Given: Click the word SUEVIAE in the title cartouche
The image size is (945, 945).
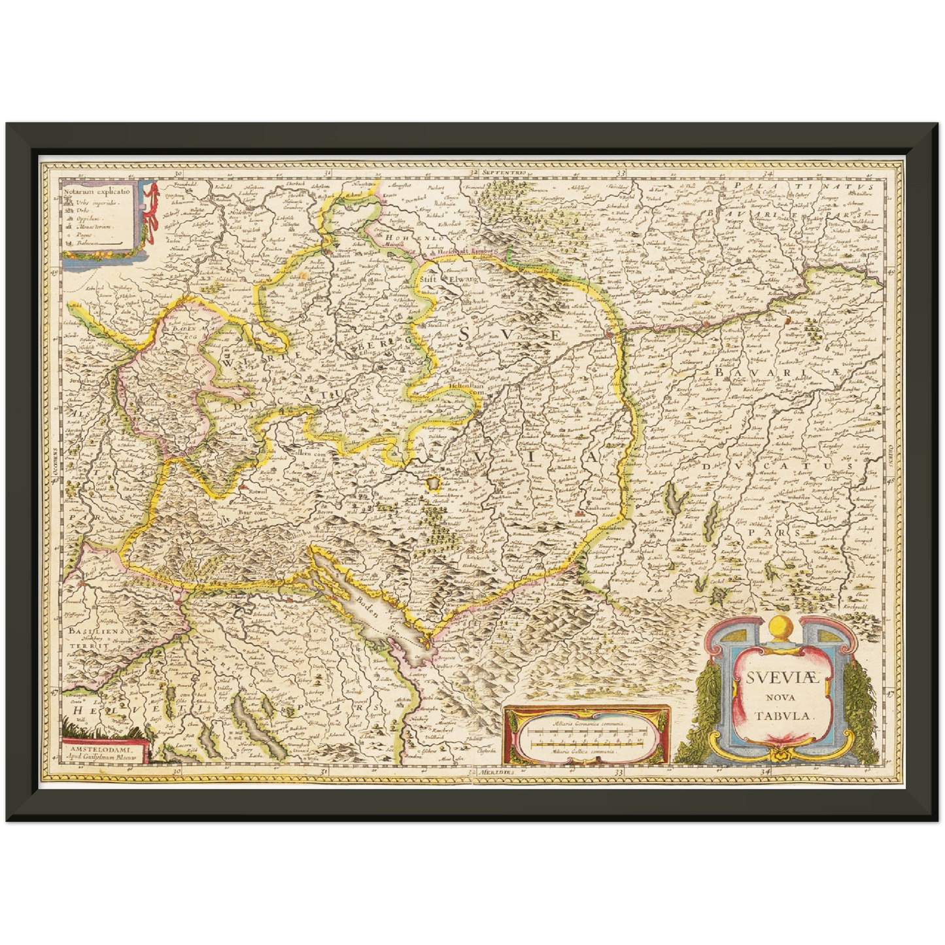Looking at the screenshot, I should (x=781, y=678).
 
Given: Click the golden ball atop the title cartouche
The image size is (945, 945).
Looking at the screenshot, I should (x=780, y=628).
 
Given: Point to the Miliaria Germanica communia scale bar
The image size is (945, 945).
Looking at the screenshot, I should (x=585, y=731).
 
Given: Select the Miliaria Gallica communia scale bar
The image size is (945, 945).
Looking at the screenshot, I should (x=585, y=746).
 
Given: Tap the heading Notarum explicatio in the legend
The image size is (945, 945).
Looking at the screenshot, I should (x=97, y=192).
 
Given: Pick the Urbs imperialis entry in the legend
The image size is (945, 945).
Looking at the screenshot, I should (x=98, y=203).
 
